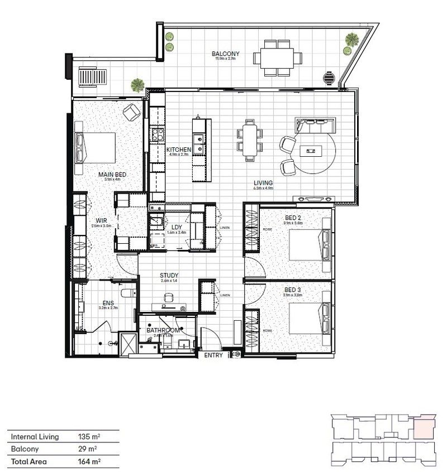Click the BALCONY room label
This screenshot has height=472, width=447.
226,54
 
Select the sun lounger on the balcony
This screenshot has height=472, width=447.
88,76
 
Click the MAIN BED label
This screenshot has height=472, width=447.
112,175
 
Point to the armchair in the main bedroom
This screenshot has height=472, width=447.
133,112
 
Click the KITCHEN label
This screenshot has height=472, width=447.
179,150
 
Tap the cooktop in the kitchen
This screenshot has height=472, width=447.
156,134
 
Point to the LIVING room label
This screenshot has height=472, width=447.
263,182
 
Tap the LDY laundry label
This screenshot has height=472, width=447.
177,227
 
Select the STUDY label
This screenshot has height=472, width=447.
168,275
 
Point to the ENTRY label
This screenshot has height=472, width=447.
214,355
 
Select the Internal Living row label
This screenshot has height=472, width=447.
35,436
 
